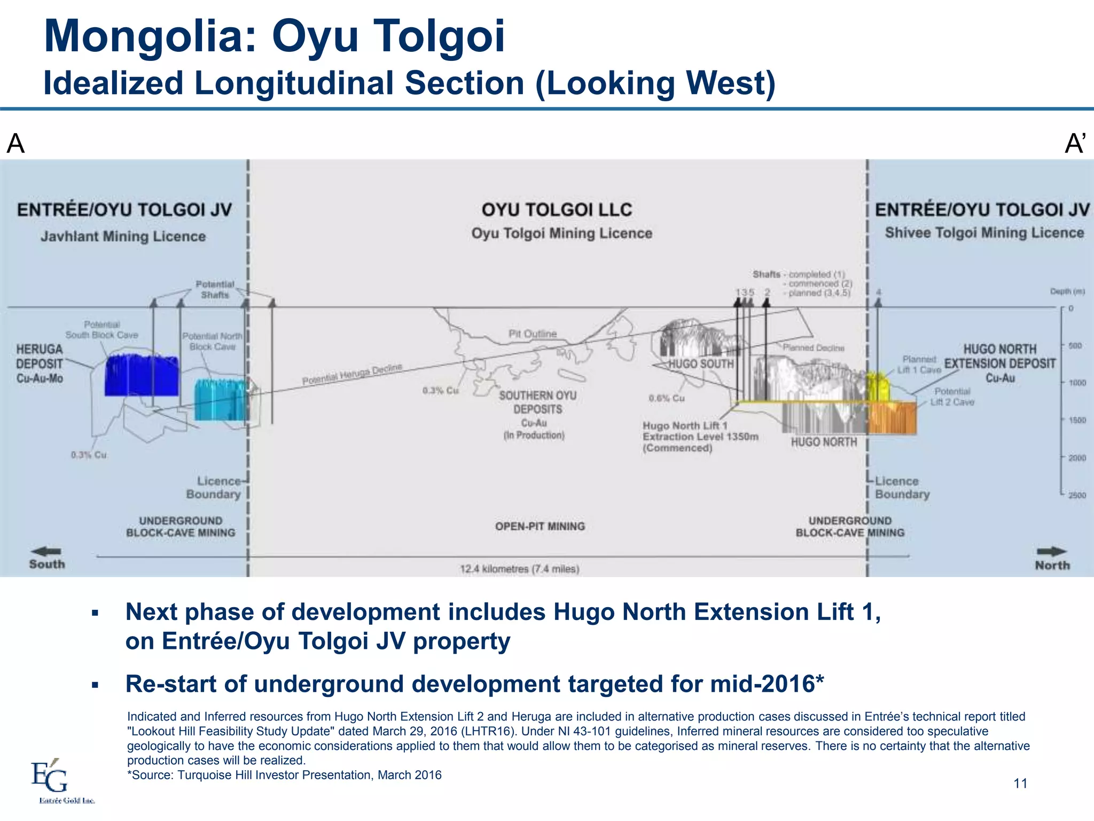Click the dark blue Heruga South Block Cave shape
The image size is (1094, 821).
click(x=142, y=375)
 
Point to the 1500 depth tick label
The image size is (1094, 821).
click(x=1077, y=420)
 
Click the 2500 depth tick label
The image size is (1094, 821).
click(x=1077, y=495)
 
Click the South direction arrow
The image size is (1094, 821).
click(x=46, y=551)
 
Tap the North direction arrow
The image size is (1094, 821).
click(x=1051, y=552)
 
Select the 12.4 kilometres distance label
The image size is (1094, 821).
click(x=519, y=569)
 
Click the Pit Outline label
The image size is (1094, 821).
click(x=532, y=334)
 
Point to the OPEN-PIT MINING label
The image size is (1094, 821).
click(x=540, y=526)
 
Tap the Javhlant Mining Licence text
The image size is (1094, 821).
click(x=123, y=236)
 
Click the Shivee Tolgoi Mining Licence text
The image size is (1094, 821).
click(x=984, y=233)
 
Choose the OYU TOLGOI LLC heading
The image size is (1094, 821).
click(x=557, y=210)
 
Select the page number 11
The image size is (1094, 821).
click(x=1020, y=784)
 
